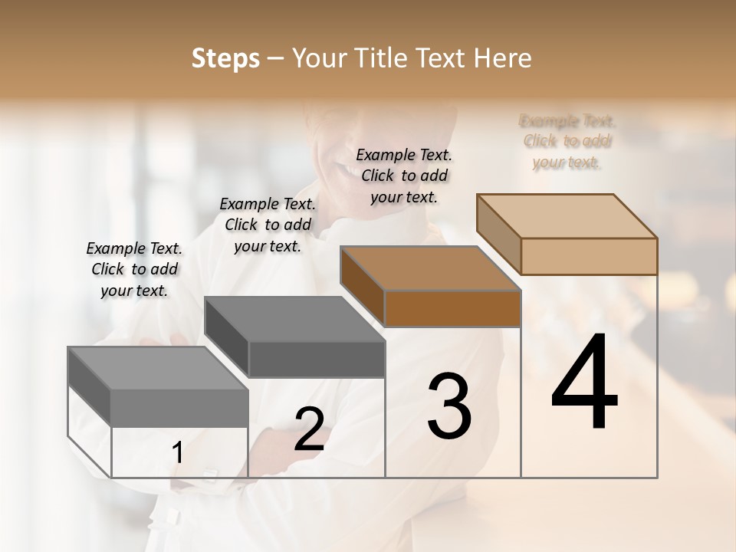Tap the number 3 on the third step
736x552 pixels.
[x=449, y=406]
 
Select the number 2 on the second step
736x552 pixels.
[x=310, y=429]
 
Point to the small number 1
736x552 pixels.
[x=178, y=453]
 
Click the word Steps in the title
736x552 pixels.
[x=225, y=58]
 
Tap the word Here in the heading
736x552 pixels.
[x=504, y=58]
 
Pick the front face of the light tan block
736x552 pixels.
[x=589, y=256]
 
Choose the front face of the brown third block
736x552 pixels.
[x=452, y=308]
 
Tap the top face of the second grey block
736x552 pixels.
[x=294, y=319]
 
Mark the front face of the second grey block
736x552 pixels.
[x=316, y=359]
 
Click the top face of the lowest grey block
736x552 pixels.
[x=158, y=368]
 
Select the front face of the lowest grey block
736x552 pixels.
[x=179, y=408]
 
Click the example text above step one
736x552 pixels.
[x=134, y=270]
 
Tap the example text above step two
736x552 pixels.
[x=268, y=225]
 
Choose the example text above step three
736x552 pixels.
[x=404, y=176]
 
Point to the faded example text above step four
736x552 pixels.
[x=567, y=141]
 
